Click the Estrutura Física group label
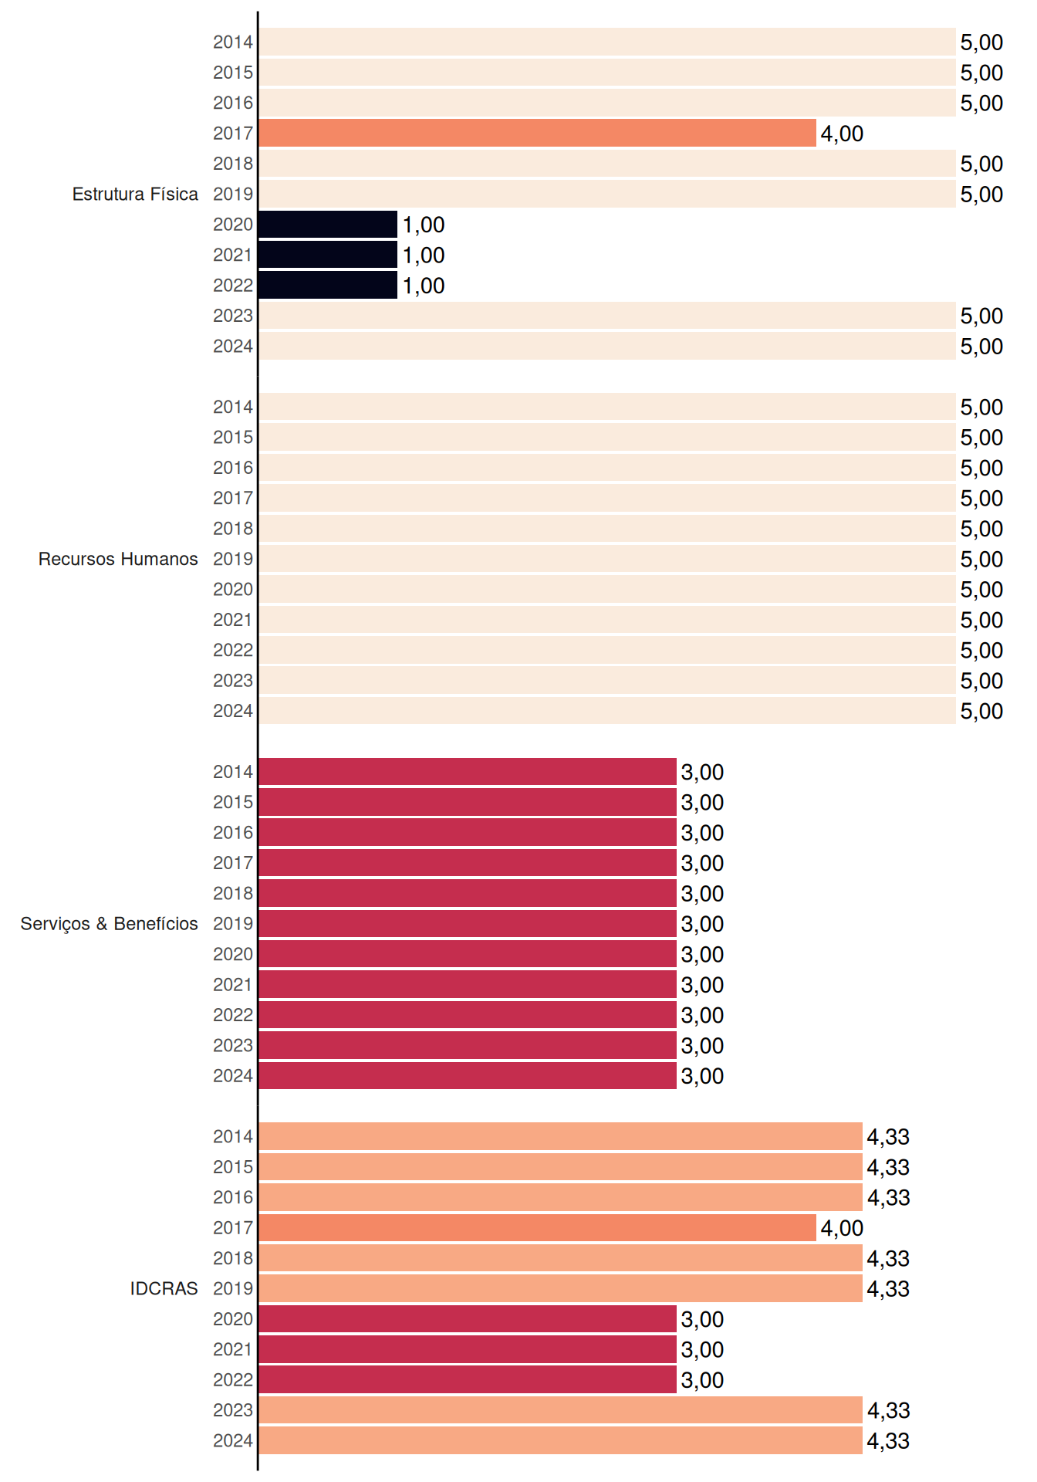(x=135, y=194)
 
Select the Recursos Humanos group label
(x=118, y=559)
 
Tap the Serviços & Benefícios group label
(x=109, y=924)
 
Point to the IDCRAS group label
(x=164, y=1288)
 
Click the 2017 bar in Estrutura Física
(x=537, y=133)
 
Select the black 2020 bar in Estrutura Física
(x=328, y=224)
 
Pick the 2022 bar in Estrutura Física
(x=328, y=285)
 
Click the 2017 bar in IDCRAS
(x=537, y=1227)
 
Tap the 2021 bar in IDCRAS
(x=468, y=1349)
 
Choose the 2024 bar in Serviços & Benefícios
(x=468, y=1075)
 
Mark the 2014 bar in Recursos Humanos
(x=607, y=407)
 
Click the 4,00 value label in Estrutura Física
(x=842, y=134)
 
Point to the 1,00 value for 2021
(x=424, y=255)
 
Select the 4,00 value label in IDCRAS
(x=842, y=1228)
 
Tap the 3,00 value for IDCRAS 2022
(x=702, y=1380)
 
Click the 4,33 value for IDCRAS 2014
(x=888, y=1137)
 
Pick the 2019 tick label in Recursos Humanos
(x=233, y=559)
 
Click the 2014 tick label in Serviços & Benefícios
(x=233, y=772)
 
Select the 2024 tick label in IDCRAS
(x=233, y=1440)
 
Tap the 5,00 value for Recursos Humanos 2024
(x=981, y=712)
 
